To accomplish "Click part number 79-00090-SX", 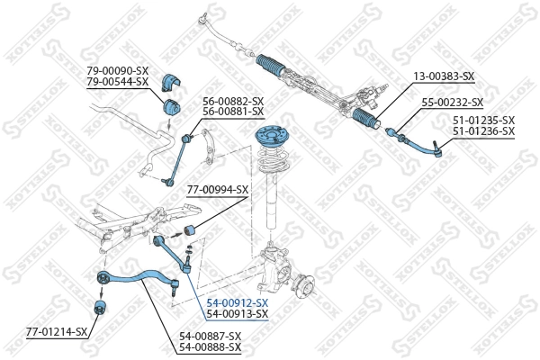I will pos(118,70).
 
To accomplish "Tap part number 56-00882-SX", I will pos(233,100).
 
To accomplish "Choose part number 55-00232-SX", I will pos(453,103).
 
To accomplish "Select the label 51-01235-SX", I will pos(483,121).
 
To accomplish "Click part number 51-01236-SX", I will pos(483,131).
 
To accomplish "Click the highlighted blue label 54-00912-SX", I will pos(238,302).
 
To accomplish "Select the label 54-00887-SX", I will pos(211,336).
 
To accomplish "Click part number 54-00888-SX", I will pos(211,346).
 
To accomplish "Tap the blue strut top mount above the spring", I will pos(269,140).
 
